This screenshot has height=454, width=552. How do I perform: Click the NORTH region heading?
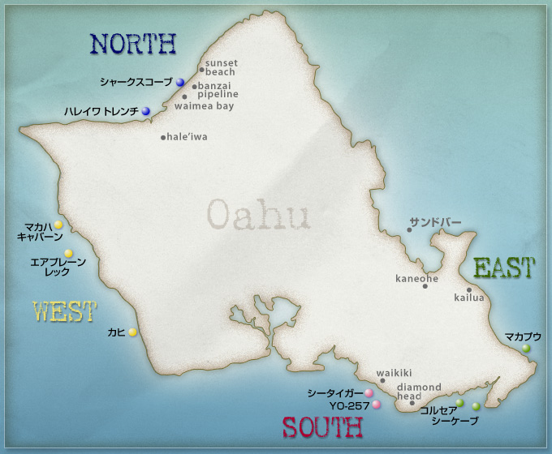point(133,43)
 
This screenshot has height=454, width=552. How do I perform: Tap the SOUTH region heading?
point(321,427)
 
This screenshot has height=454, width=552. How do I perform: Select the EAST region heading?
point(503,268)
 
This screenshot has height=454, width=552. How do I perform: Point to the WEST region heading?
point(64,311)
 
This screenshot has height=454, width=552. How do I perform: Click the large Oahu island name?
point(259,215)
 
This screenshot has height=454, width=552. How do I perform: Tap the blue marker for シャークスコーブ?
point(180,83)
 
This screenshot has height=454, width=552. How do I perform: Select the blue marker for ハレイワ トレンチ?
point(146,111)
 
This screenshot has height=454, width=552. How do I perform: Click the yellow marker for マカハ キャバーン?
point(58,225)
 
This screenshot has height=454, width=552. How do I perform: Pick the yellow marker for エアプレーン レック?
point(69,254)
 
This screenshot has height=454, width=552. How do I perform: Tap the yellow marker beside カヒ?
point(132,332)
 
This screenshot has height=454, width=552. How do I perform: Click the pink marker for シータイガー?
point(369,393)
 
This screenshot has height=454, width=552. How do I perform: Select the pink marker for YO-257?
point(377,404)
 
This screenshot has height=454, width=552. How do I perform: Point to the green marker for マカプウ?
point(526,348)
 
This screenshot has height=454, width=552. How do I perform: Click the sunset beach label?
point(221,67)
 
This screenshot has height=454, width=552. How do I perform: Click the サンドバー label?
point(435,222)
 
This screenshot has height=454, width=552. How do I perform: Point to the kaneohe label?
point(416,279)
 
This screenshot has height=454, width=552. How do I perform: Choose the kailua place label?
point(469,298)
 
